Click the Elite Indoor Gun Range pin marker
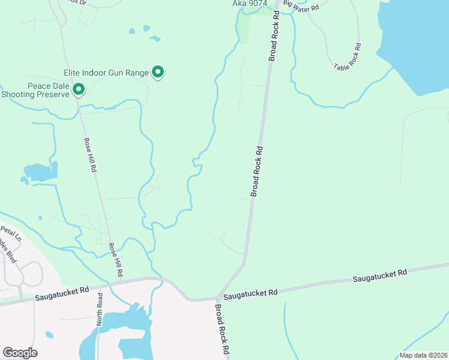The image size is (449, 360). pyautogui.click(x=158, y=72)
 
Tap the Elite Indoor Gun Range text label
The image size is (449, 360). pyautogui.click(x=106, y=73)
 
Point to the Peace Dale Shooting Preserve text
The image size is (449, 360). pyautogui.click(x=36, y=90)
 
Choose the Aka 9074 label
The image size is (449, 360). pyautogui.click(x=249, y=4)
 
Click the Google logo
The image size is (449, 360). pyautogui.click(x=20, y=353)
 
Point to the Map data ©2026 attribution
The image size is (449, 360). pyautogui.click(x=423, y=355)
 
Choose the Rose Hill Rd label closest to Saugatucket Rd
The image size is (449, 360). pyautogui.click(x=115, y=259)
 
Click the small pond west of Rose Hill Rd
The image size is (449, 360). pyautogui.click(x=41, y=172)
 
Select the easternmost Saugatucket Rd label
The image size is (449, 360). pyautogui.click(x=379, y=275)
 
